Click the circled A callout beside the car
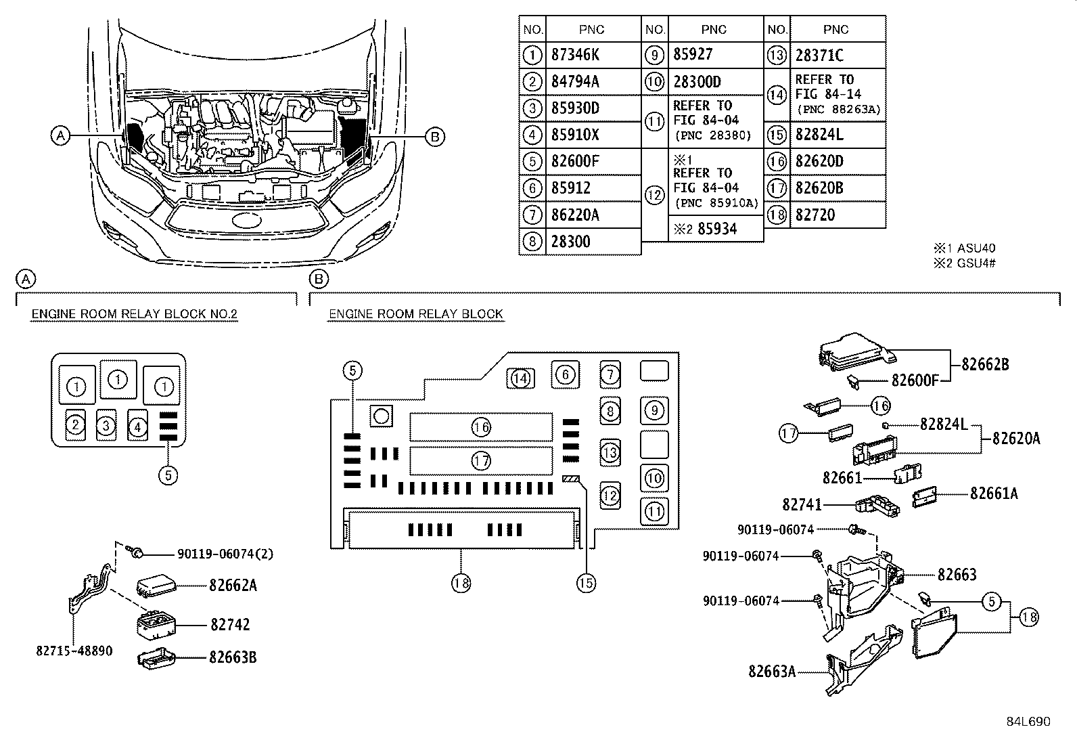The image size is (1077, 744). (60, 136)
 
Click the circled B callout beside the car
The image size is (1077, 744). (434, 137)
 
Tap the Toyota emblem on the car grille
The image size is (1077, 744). (246, 221)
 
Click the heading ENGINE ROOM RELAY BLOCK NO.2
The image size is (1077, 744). (134, 314)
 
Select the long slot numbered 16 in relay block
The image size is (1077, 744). (481, 427)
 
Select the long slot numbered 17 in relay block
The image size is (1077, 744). (481, 461)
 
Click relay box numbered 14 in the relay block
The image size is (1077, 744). (520, 378)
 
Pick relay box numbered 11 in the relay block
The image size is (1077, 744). (654, 511)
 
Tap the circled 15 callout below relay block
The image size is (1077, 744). (586, 582)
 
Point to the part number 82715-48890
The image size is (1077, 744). (74, 651)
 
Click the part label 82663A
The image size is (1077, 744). (771, 672)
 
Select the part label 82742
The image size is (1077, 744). (230, 624)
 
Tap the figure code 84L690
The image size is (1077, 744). (1027, 722)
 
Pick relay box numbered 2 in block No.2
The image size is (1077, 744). (76, 424)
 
